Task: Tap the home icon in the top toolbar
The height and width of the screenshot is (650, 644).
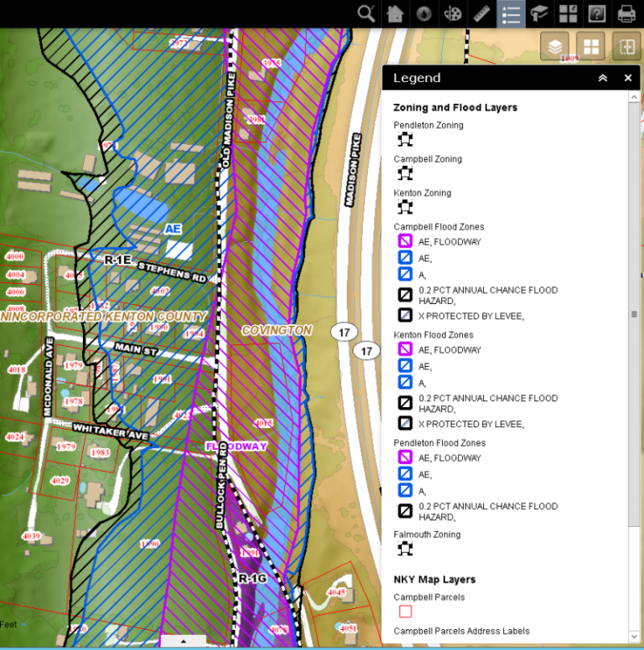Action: coord(395,13)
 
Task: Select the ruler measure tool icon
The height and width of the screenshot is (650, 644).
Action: coord(481,13)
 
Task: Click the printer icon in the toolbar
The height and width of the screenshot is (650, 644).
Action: coord(626,13)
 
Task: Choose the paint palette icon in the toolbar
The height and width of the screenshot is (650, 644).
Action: coord(453,13)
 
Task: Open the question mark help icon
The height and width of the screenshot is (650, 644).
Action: coord(597,13)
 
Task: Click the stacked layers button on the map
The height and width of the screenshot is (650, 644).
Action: coord(554,47)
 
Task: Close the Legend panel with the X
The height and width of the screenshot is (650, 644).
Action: coord(628,78)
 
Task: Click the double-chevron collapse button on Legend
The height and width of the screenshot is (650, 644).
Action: coord(602,78)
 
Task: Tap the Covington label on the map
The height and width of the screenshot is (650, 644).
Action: coord(277,331)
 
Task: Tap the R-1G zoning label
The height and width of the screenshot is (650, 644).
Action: coord(251,579)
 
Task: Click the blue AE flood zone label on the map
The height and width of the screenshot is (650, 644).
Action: coord(173,229)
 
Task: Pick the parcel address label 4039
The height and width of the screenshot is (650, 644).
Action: coord(31,536)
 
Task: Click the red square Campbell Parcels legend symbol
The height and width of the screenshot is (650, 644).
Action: coord(406,611)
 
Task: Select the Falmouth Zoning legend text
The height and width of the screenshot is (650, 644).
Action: coord(428,534)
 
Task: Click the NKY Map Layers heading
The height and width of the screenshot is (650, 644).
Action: coord(434,580)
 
